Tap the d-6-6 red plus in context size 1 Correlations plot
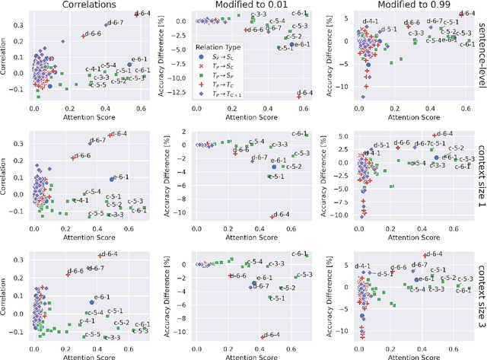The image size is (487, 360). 72,158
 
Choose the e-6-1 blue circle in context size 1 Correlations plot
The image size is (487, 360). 112,179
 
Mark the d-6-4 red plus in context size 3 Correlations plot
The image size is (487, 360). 99,256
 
